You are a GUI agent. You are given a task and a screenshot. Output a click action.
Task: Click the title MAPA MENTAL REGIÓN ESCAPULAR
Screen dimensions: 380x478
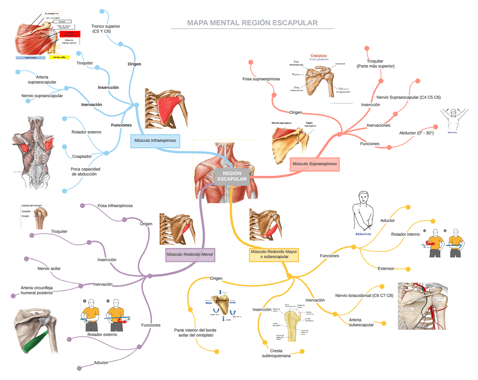(252, 23)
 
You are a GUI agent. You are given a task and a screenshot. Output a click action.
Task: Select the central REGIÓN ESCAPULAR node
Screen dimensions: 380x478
(232, 176)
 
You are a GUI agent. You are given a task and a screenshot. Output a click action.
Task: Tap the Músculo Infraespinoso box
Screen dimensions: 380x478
(155, 141)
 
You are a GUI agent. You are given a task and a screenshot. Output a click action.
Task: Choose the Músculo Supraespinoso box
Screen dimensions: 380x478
(314, 164)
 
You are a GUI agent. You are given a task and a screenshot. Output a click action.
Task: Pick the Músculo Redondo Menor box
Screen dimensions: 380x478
(190, 255)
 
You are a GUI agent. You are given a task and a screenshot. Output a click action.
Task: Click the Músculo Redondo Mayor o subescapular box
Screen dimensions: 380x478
(274, 254)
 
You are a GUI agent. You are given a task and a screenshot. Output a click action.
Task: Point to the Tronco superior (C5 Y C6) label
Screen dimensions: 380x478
(106, 29)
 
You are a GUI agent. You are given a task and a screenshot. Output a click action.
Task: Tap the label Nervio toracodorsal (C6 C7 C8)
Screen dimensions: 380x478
(364, 295)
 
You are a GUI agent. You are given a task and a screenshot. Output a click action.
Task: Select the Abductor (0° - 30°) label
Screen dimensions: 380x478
(416, 133)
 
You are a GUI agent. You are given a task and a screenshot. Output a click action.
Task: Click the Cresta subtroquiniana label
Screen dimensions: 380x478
(276, 353)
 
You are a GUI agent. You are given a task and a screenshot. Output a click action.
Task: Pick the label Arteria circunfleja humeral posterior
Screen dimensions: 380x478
(37, 290)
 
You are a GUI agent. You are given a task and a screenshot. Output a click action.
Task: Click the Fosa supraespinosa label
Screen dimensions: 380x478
(261, 79)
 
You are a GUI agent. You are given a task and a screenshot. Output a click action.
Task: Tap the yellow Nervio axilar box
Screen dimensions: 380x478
(59, 57)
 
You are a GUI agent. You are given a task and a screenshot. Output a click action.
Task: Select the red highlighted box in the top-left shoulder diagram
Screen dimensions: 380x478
(70, 34)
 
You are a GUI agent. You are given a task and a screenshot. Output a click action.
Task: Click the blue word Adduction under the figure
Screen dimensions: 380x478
(363, 234)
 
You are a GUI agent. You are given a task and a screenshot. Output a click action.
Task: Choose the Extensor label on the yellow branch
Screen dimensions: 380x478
(386, 268)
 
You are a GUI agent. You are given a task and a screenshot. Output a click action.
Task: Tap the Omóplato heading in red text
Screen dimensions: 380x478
(319, 56)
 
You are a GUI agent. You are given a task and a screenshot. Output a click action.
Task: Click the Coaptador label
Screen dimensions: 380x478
(82, 156)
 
